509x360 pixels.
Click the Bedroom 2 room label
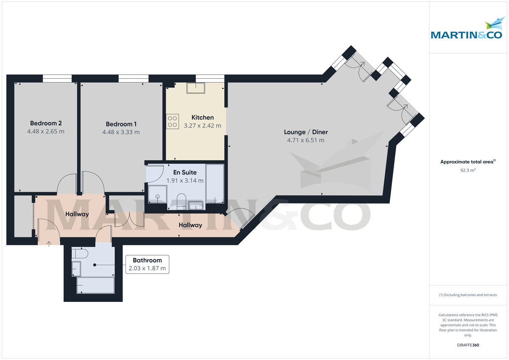(45, 123)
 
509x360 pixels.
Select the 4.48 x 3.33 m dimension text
(121, 132)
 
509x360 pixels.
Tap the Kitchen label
(203, 117)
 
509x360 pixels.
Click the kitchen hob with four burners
(173, 121)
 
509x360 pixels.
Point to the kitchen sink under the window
(196, 88)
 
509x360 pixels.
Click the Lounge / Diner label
(305, 132)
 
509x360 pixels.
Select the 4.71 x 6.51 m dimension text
(305, 140)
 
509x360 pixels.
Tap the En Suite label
(185, 173)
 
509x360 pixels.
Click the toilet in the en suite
(181, 201)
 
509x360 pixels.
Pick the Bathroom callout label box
(147, 264)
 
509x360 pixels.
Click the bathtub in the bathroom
(95, 285)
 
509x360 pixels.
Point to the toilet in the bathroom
(80, 254)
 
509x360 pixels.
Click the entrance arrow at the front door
(49, 243)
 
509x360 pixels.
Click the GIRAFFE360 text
(467, 345)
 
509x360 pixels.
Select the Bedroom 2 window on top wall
(57, 78)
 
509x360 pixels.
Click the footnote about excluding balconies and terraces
(467, 295)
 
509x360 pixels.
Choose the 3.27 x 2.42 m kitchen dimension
(202, 126)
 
